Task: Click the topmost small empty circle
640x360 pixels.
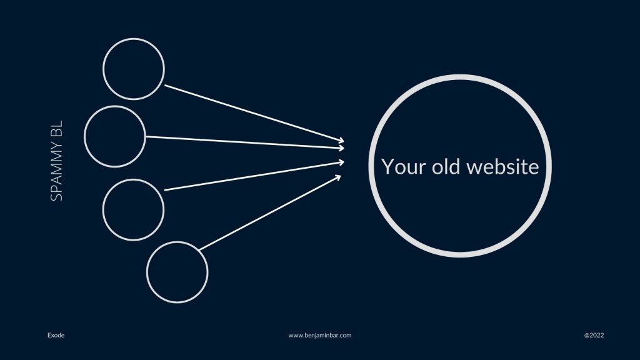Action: pyautogui.click(x=134, y=39)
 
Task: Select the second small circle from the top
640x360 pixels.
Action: pyautogui.click(x=115, y=106)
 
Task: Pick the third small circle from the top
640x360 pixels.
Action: pyautogui.click(x=133, y=180)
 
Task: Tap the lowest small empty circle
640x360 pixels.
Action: pyautogui.click(x=177, y=242)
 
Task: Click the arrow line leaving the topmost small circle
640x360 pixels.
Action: pyautogui.click(x=254, y=114)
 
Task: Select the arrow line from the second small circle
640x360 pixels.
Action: pyautogui.click(x=245, y=142)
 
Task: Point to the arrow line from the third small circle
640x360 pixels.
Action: pyautogui.click(x=254, y=176)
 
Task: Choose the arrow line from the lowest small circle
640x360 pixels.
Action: pyautogui.click(x=270, y=212)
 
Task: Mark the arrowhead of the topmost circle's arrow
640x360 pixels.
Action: pyautogui.click(x=341, y=141)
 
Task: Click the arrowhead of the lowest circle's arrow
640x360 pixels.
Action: pyautogui.click(x=338, y=177)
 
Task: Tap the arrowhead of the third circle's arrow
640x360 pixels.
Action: pyautogui.click(x=341, y=162)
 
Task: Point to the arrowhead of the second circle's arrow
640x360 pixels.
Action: pyautogui.click(x=342, y=147)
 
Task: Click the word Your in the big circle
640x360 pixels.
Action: pyautogui.click(x=403, y=167)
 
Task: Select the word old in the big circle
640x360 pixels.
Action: pyautogui.click(x=446, y=166)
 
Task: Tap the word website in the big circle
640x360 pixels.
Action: pyautogui.click(x=503, y=166)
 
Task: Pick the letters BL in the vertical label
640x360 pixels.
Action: pyautogui.click(x=57, y=129)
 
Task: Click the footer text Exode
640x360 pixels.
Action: pyautogui.click(x=56, y=335)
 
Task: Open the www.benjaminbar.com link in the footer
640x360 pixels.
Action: pyautogui.click(x=319, y=335)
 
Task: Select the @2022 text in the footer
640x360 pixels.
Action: pyautogui.click(x=594, y=335)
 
